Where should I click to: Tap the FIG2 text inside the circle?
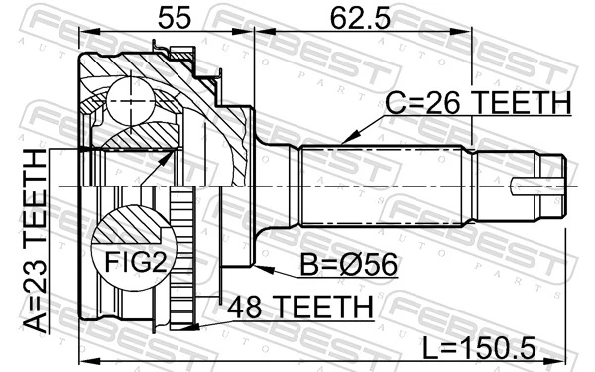click(x=131, y=264)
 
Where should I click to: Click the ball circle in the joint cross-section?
click(x=134, y=99)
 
